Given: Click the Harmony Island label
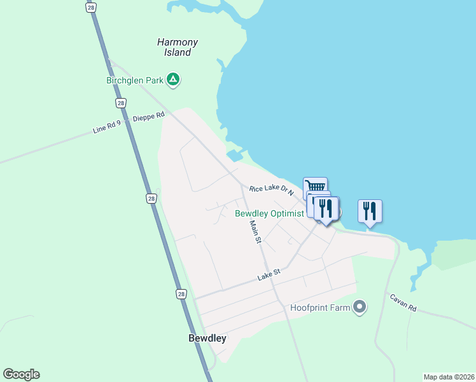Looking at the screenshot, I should click(x=178, y=47).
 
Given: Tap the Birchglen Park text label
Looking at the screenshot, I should click(x=134, y=80).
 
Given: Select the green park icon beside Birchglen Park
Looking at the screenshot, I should click(x=172, y=80).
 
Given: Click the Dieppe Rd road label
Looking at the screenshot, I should click(x=148, y=116).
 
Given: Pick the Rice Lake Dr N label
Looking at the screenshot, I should click(x=271, y=189).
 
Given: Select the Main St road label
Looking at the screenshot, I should click(x=255, y=232).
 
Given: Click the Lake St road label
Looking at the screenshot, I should click(x=269, y=275).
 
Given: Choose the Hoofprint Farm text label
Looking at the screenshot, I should click(x=321, y=308).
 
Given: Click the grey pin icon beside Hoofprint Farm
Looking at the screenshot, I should click(x=360, y=308).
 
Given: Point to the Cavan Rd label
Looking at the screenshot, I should click(x=403, y=302).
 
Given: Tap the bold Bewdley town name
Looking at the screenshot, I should click(x=207, y=339).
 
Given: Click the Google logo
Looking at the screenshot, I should click(x=21, y=374).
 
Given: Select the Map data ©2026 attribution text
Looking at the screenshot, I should click(x=449, y=377).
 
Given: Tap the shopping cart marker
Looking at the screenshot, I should click(x=316, y=186).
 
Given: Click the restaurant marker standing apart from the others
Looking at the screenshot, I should click(x=370, y=211).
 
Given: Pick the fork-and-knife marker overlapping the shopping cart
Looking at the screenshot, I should click(x=326, y=208).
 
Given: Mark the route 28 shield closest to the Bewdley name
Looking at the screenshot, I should click(x=181, y=294).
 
